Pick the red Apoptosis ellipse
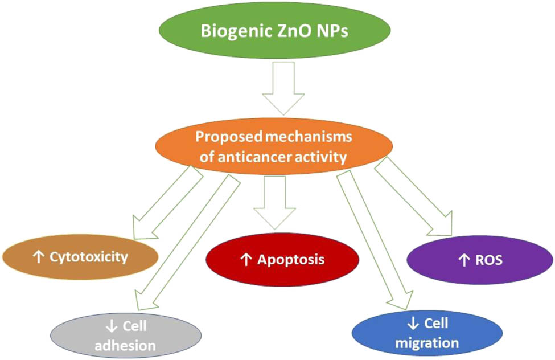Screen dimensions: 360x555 click(x=282, y=260)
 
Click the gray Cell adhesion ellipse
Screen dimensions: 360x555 click(x=126, y=336)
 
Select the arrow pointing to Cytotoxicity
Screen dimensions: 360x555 click(x=165, y=204)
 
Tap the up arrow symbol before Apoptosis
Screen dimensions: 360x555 click(x=246, y=260)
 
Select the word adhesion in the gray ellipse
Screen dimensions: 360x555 click(x=126, y=345)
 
